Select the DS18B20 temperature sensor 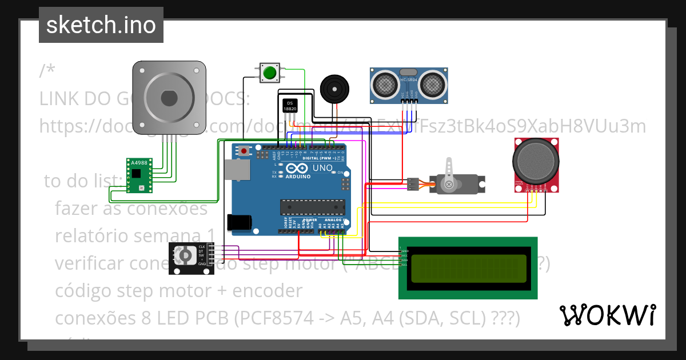(290, 106)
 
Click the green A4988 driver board (139, 175)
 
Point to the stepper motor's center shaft (169, 98)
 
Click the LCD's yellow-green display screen (468, 268)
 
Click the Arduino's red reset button (245, 151)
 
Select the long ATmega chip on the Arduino (312, 208)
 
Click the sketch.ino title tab (101, 25)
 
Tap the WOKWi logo (607, 315)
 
